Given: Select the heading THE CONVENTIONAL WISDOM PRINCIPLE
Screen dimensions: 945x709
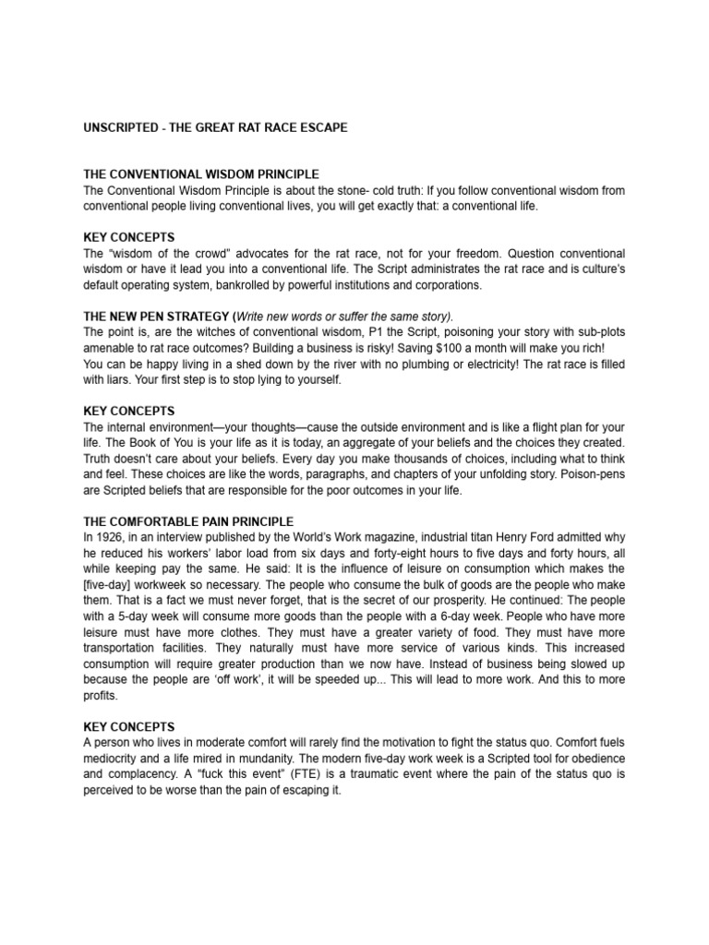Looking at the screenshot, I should pos(201,173).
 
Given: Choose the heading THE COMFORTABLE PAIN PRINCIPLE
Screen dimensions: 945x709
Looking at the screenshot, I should pos(188,521).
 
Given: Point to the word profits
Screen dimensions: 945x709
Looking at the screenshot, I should pos(102,695).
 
